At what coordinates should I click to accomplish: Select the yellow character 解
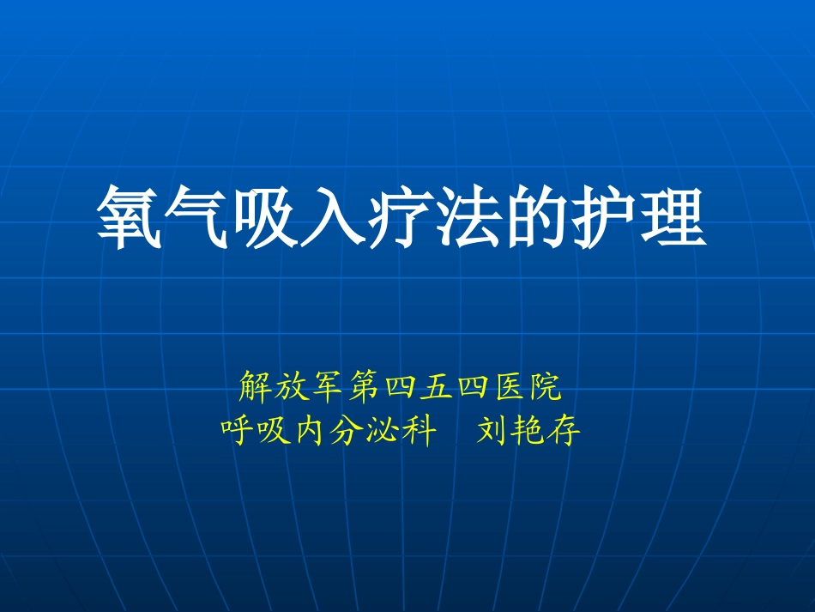pyautogui.click(x=255, y=389)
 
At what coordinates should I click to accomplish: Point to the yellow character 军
pyautogui.click(x=329, y=389)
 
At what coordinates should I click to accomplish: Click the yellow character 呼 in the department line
pyautogui.click(x=238, y=428)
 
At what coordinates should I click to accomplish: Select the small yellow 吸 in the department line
pyautogui.click(x=274, y=428)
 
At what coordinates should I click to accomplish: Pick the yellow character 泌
pyautogui.click(x=383, y=428)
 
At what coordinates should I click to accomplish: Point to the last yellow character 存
pyautogui.click(x=564, y=428)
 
